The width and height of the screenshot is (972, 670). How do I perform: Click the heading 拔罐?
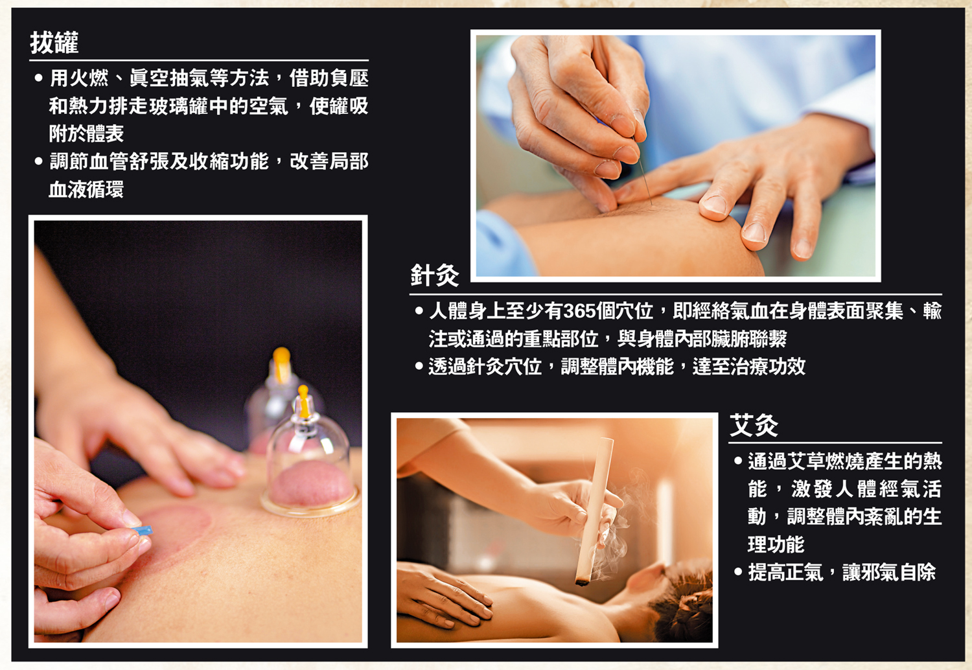tap(54, 43)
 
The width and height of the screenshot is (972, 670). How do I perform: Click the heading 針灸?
tap(435, 275)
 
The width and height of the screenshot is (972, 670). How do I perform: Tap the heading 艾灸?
tap(754, 426)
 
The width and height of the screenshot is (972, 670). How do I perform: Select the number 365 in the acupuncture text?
tap(579, 312)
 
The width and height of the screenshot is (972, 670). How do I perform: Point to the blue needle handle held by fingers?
tap(143, 531)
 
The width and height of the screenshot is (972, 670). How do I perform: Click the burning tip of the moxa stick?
tap(582, 582)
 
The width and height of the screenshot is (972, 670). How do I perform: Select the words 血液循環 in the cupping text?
tap(86, 189)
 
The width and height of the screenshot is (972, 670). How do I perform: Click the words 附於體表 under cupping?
tap(86, 133)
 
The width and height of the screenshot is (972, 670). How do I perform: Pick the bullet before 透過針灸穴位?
tap(419, 367)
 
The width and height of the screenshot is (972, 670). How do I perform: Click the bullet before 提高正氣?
tap(738, 572)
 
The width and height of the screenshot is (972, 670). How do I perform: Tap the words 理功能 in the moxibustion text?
tap(776, 544)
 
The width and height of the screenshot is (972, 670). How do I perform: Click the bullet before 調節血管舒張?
tap(39, 161)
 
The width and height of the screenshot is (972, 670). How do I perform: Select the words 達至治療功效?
tap(749, 367)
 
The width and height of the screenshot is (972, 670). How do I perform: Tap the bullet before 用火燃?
tap(39, 78)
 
